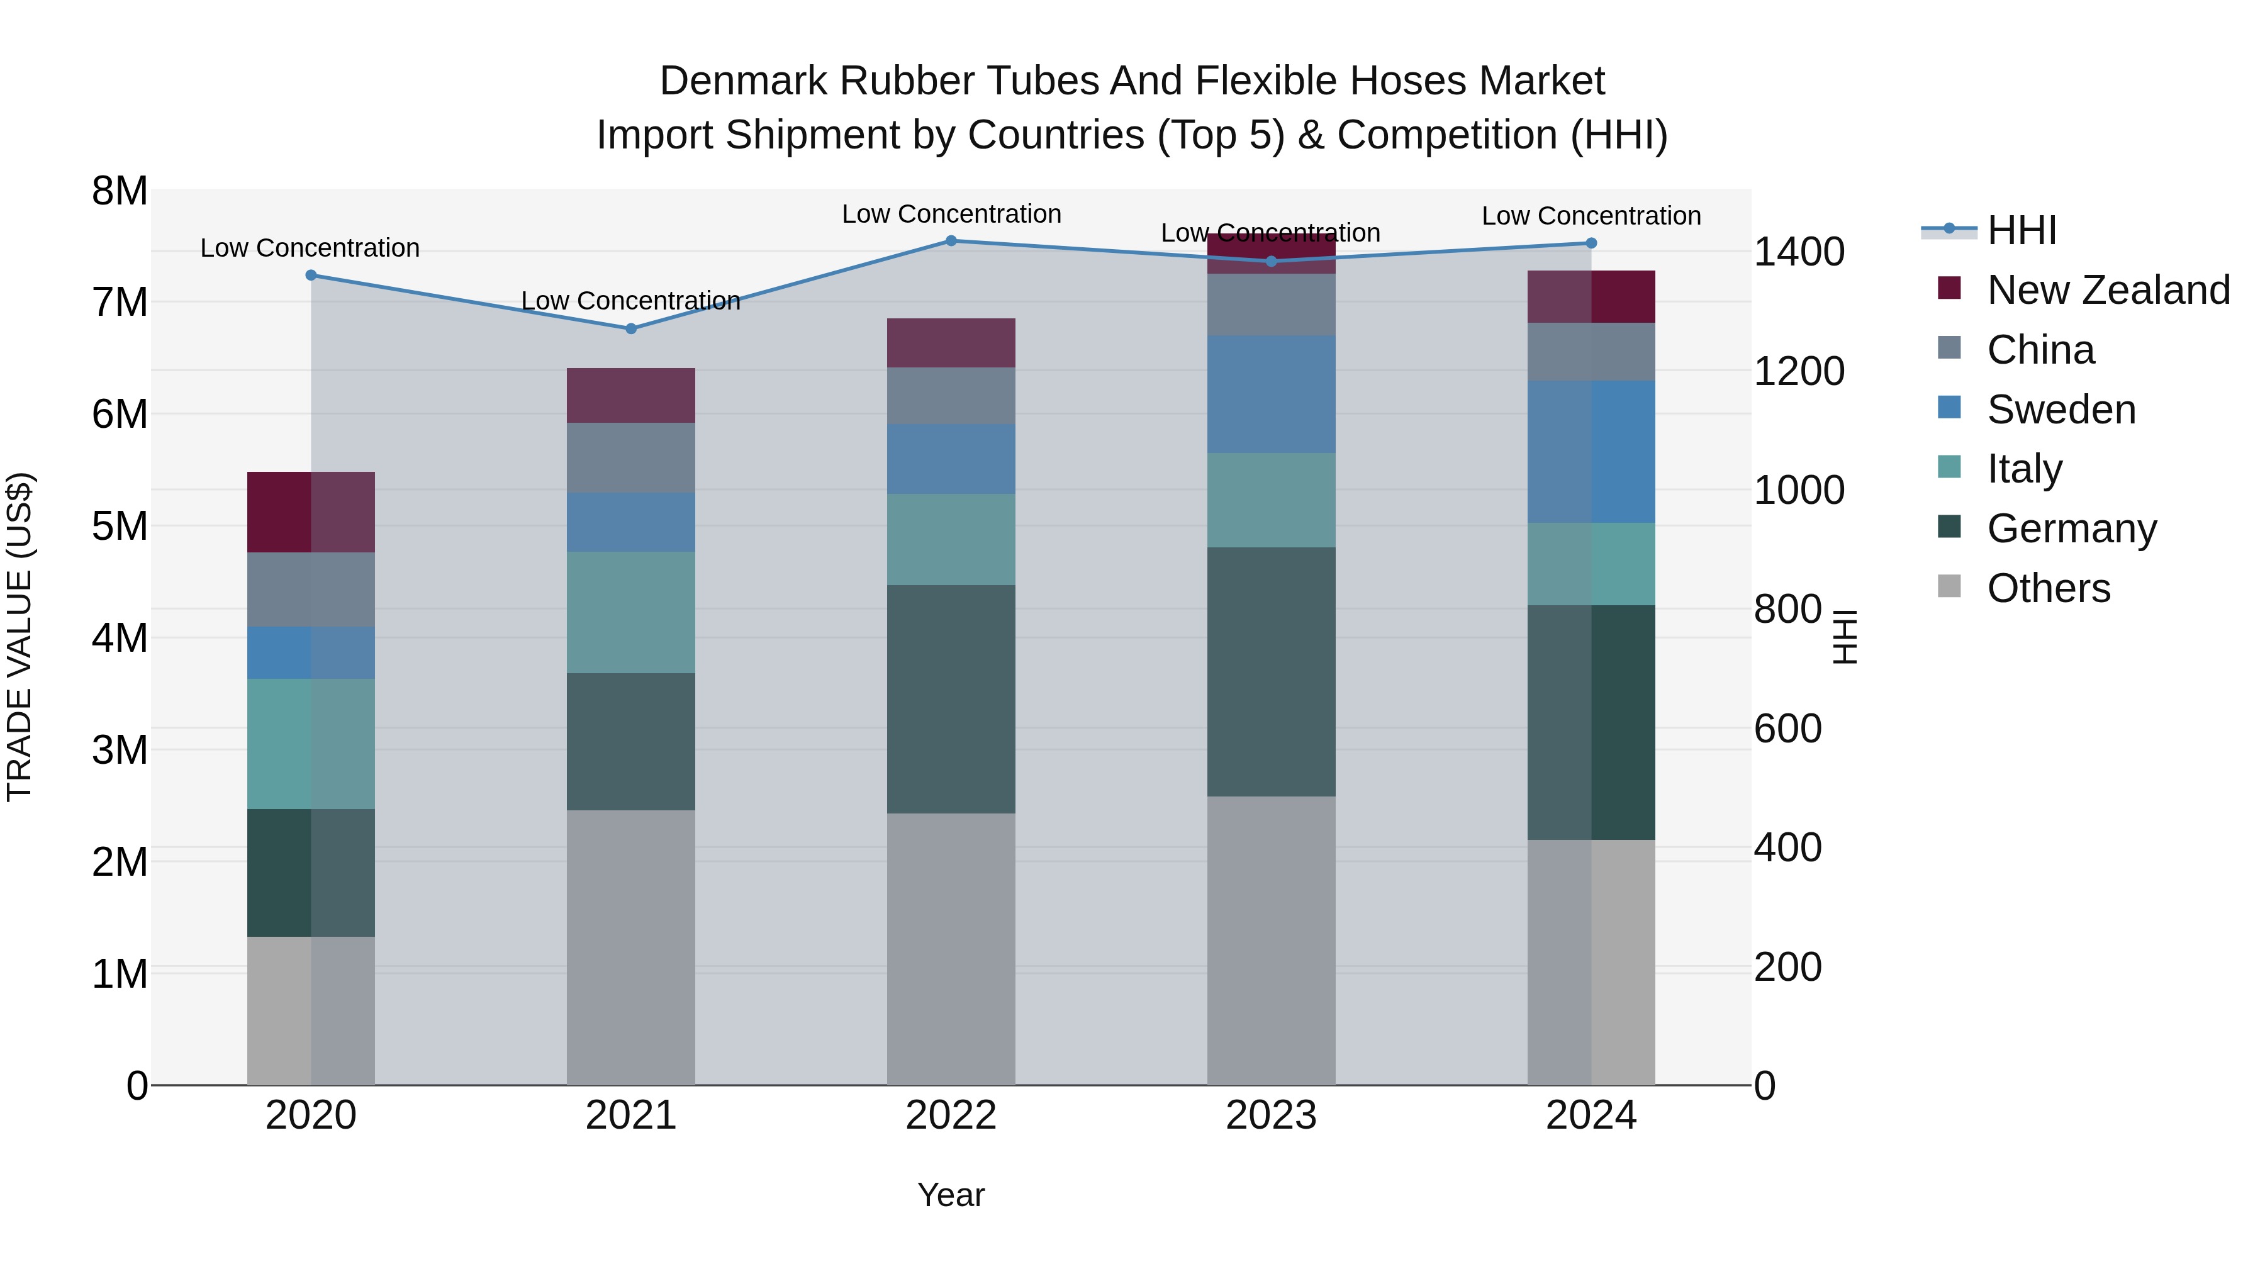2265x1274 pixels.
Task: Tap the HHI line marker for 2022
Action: [951, 241]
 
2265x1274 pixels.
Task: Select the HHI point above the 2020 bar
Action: [310, 275]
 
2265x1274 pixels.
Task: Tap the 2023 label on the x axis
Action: [1270, 1115]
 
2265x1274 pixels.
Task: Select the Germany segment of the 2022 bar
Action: [951, 699]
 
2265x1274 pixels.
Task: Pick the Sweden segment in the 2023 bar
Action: [1270, 394]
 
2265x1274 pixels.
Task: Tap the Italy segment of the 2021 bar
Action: [630, 612]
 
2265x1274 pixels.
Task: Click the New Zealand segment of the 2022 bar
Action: [951, 343]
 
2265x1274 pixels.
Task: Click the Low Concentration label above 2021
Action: [630, 301]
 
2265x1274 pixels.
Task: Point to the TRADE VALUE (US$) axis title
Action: [20, 637]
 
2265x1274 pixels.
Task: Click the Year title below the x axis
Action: [951, 1195]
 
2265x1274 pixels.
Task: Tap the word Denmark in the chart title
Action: [743, 81]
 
